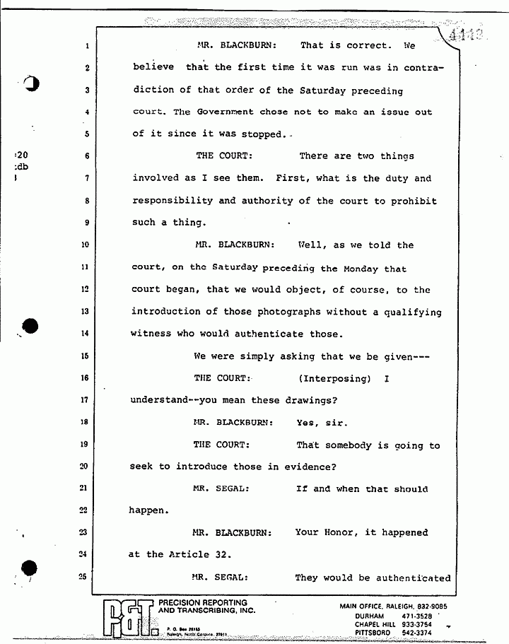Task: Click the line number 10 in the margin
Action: click(84, 245)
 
